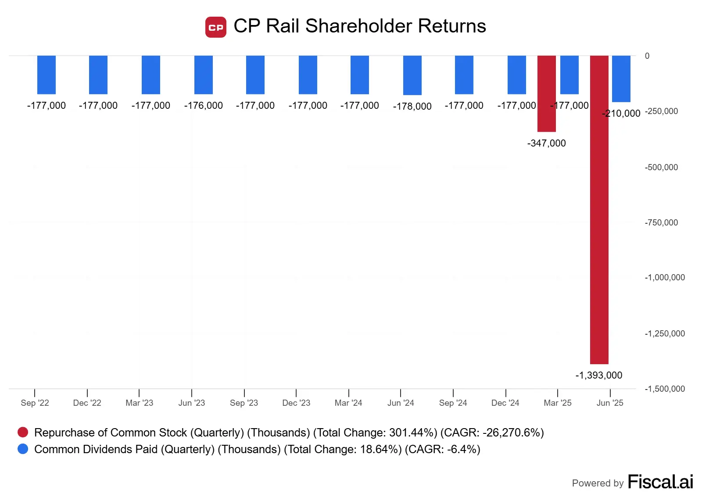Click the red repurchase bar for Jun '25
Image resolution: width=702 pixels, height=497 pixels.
[599, 210]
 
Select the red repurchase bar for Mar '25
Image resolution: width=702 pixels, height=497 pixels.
[546, 93]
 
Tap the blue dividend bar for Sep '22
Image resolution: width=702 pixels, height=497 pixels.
[46, 75]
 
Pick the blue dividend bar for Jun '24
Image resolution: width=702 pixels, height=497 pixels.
[412, 75]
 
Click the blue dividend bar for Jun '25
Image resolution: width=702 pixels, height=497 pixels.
[621, 79]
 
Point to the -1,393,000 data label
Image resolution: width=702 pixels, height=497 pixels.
[598, 375]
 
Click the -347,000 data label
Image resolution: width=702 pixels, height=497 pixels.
[546, 143]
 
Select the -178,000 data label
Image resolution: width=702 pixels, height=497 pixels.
[412, 106]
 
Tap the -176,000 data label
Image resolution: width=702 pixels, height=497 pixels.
[203, 105]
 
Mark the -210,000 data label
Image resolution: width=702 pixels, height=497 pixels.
[621, 113]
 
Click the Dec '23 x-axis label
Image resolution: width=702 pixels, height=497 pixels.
[296, 403]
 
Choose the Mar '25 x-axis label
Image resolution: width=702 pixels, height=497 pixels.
[557, 403]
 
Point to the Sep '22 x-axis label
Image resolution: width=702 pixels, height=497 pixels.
[35, 403]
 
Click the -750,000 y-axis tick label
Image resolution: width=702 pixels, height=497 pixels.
[661, 222]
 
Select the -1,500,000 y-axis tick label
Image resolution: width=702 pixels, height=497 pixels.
[664, 389]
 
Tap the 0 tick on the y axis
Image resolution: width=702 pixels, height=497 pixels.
[647, 56]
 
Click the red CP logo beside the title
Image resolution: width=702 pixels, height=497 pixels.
[216, 27]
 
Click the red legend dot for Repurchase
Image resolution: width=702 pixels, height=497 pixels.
[23, 432]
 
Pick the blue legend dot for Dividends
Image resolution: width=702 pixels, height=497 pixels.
[23, 449]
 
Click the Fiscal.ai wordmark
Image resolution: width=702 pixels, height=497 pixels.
[660, 482]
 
